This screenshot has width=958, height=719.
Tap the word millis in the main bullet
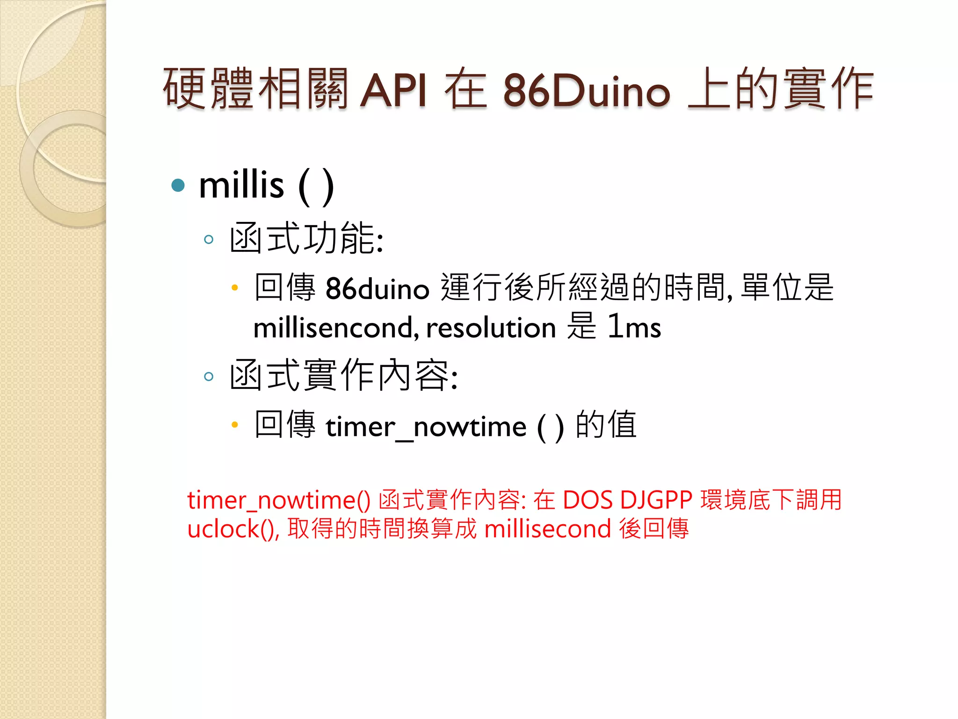[241, 185]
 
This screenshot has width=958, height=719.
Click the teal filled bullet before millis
[178, 185]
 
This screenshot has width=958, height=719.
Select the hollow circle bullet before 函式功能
[209, 240]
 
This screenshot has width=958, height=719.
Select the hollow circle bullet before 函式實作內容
[209, 376]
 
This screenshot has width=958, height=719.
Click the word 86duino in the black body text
[377, 288]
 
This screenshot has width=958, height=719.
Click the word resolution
[491, 328]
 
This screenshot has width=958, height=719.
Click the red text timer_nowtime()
[279, 500]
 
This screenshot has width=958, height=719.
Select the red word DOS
[587, 500]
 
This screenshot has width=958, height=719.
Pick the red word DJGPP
[656, 500]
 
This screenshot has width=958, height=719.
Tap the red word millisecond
[548, 529]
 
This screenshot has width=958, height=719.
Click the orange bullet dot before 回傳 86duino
[235, 288]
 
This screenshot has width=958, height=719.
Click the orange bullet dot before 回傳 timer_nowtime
[235, 425]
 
